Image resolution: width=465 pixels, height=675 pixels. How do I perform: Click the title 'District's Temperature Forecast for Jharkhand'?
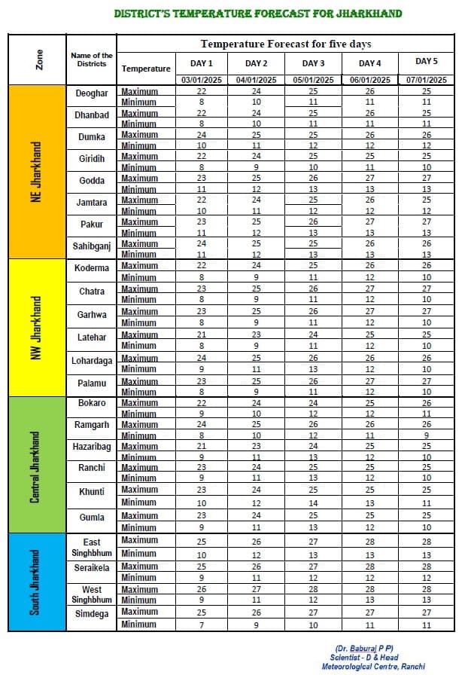(257, 14)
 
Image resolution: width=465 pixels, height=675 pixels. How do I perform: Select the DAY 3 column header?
(313, 63)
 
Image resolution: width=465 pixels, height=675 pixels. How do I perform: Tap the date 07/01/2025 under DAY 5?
(426, 80)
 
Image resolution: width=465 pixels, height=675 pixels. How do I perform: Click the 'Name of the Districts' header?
(92, 60)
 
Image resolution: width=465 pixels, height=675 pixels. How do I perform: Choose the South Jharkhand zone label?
(35, 582)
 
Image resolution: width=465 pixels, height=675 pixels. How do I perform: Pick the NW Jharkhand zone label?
(35, 326)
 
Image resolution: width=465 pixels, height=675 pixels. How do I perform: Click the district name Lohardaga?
(92, 361)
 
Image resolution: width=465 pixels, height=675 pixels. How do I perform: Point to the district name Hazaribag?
(92, 447)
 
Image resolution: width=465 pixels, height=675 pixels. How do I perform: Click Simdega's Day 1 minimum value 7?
(202, 625)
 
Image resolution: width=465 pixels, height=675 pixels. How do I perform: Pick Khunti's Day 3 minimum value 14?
(313, 502)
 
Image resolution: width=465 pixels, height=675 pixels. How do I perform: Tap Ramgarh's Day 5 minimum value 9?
(426, 435)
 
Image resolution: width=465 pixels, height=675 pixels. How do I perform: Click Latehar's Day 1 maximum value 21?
(202, 335)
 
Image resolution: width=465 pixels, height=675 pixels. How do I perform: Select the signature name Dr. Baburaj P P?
(375, 649)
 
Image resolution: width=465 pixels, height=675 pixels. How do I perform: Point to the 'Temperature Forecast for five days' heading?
(285, 44)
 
